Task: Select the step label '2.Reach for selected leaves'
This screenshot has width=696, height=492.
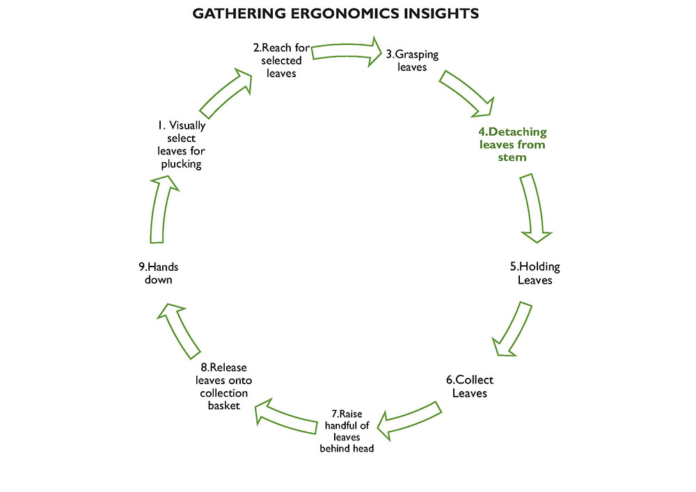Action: [281, 60]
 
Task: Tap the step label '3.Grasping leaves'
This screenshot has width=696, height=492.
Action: [413, 61]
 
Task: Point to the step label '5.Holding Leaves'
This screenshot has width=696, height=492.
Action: [535, 273]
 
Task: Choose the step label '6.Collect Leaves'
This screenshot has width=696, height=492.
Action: [470, 387]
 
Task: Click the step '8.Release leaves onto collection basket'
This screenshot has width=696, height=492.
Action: [223, 386]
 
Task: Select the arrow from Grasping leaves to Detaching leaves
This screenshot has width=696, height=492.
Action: [466, 93]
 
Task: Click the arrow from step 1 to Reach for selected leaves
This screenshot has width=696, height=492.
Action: [227, 93]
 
